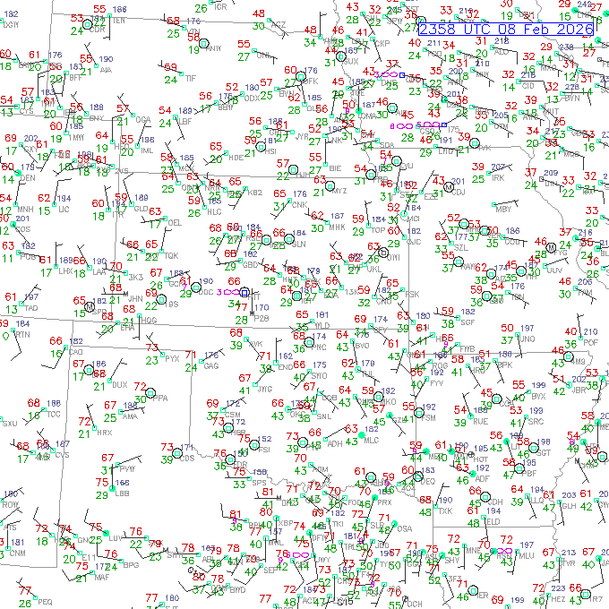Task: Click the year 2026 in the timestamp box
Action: click(574, 29)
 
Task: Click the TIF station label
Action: click(190, 79)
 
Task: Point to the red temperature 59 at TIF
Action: click(170, 67)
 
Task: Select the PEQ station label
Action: click(45, 602)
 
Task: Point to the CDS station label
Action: click(187, 459)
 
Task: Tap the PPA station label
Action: click(161, 398)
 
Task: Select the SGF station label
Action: click(467, 322)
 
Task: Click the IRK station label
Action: click(499, 178)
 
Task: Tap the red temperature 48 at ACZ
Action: click(259, 13)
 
